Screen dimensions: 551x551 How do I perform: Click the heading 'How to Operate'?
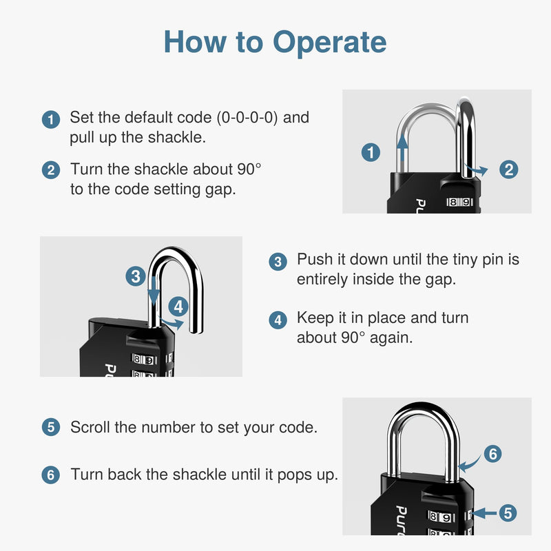point(275,42)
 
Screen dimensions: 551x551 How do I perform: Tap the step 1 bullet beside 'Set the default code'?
point(50,119)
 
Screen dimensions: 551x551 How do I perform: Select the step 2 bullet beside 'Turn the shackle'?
point(50,170)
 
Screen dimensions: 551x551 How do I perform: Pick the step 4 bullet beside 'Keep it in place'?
point(278,320)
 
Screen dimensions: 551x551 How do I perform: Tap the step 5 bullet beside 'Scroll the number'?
point(50,428)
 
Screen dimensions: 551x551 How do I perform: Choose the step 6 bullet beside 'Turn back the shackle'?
point(50,475)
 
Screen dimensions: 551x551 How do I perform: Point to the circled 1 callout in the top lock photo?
point(371,152)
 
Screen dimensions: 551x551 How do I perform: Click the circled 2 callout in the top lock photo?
point(508,169)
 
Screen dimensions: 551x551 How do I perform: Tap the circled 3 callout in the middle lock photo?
point(136,277)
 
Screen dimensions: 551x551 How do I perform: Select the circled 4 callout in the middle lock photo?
point(177,306)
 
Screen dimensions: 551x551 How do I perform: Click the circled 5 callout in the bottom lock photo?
point(507,512)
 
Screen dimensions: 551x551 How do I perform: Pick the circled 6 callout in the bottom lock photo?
point(492,454)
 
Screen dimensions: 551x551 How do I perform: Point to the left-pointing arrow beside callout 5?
point(482,512)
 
